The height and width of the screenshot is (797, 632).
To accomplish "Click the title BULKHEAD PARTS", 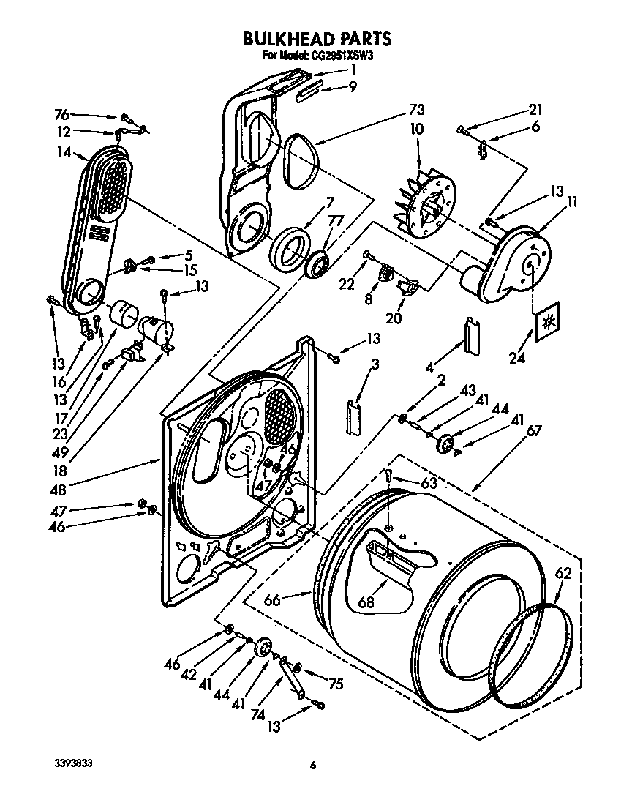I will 316,37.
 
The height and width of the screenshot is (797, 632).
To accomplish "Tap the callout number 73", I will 416,111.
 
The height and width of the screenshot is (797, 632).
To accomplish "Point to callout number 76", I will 62,113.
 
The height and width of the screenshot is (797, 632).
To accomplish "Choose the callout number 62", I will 562,575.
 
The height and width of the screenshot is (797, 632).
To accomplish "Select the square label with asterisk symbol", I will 547,321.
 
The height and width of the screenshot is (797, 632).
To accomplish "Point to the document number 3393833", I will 73,763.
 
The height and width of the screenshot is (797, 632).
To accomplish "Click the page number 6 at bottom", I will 312,766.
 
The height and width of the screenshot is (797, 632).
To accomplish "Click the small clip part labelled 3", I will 355,417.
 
